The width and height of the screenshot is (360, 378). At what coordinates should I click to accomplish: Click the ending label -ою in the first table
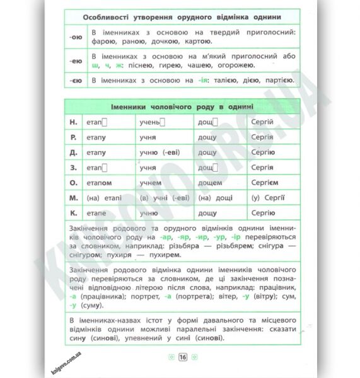[74, 37]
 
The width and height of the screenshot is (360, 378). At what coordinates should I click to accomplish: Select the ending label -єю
[74, 81]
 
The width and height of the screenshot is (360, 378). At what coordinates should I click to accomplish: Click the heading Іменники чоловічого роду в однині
[182, 106]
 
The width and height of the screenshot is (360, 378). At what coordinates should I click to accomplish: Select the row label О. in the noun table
[73, 183]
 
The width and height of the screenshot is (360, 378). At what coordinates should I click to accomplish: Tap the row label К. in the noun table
[73, 213]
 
